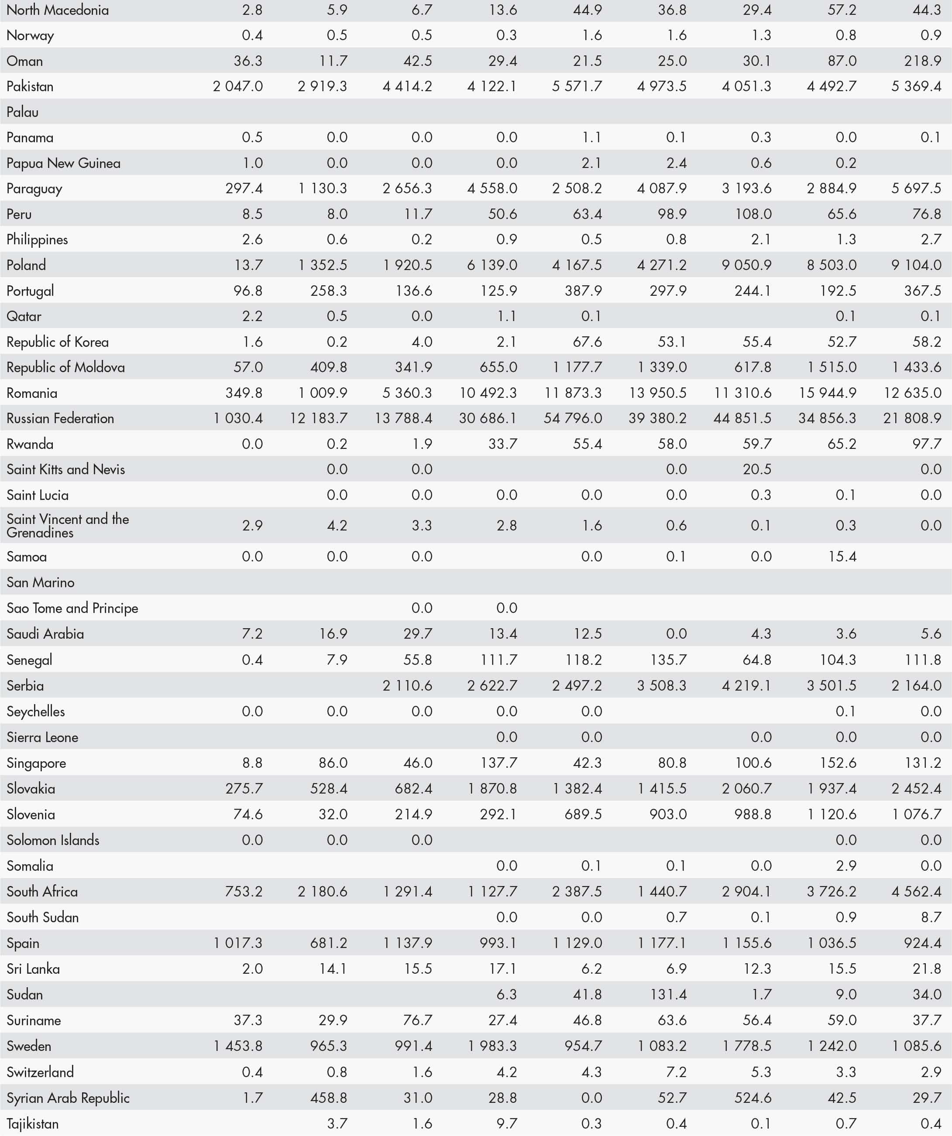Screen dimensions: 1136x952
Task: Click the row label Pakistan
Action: (x=30, y=86)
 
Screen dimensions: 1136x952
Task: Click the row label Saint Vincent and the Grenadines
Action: (x=68, y=525)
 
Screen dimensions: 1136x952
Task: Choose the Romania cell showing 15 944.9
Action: (x=828, y=393)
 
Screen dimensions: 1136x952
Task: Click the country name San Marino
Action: (x=41, y=582)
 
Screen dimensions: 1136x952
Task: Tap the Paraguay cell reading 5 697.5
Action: (x=916, y=188)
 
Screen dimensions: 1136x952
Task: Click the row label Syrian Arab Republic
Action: (x=68, y=1098)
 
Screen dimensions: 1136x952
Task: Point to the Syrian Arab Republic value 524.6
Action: (x=753, y=1098)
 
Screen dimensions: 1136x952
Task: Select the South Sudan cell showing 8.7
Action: (x=931, y=917)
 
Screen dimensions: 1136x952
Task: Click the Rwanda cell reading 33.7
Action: (x=503, y=444)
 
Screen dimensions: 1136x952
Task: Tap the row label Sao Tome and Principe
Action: (x=72, y=608)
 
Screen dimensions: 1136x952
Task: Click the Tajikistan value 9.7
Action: (x=507, y=1123)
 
